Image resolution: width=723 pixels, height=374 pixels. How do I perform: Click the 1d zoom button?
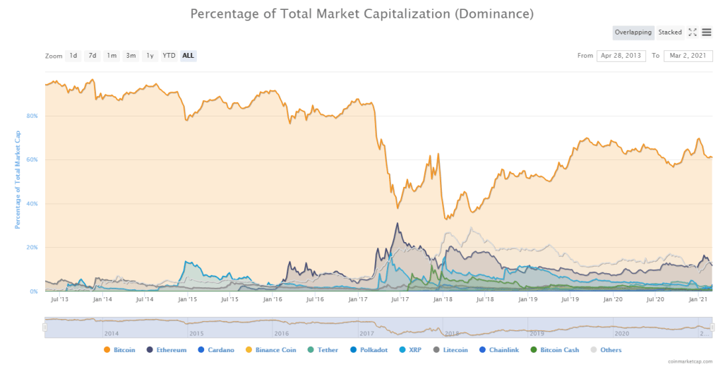73,56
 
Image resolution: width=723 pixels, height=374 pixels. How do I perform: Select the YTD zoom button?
169,56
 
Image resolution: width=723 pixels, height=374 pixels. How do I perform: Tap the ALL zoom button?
189,56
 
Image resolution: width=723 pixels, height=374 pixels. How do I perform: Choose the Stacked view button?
670,32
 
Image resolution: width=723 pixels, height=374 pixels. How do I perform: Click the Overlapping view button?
633,32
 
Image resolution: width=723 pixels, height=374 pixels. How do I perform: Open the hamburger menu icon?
707,32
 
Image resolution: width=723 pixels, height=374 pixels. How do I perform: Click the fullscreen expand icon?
693,32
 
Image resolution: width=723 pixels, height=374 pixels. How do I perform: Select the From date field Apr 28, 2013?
621,56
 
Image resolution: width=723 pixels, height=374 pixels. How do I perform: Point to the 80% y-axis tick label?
32,116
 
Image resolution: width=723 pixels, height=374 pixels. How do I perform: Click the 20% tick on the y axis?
32,248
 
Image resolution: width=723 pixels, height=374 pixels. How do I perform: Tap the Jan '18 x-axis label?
443,300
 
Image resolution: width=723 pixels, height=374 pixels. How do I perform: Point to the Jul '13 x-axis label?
60,300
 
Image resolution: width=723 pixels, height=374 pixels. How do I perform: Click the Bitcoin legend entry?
121,349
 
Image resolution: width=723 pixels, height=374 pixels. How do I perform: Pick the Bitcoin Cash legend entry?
558,349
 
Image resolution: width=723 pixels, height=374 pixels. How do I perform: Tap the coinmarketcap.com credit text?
693,361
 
